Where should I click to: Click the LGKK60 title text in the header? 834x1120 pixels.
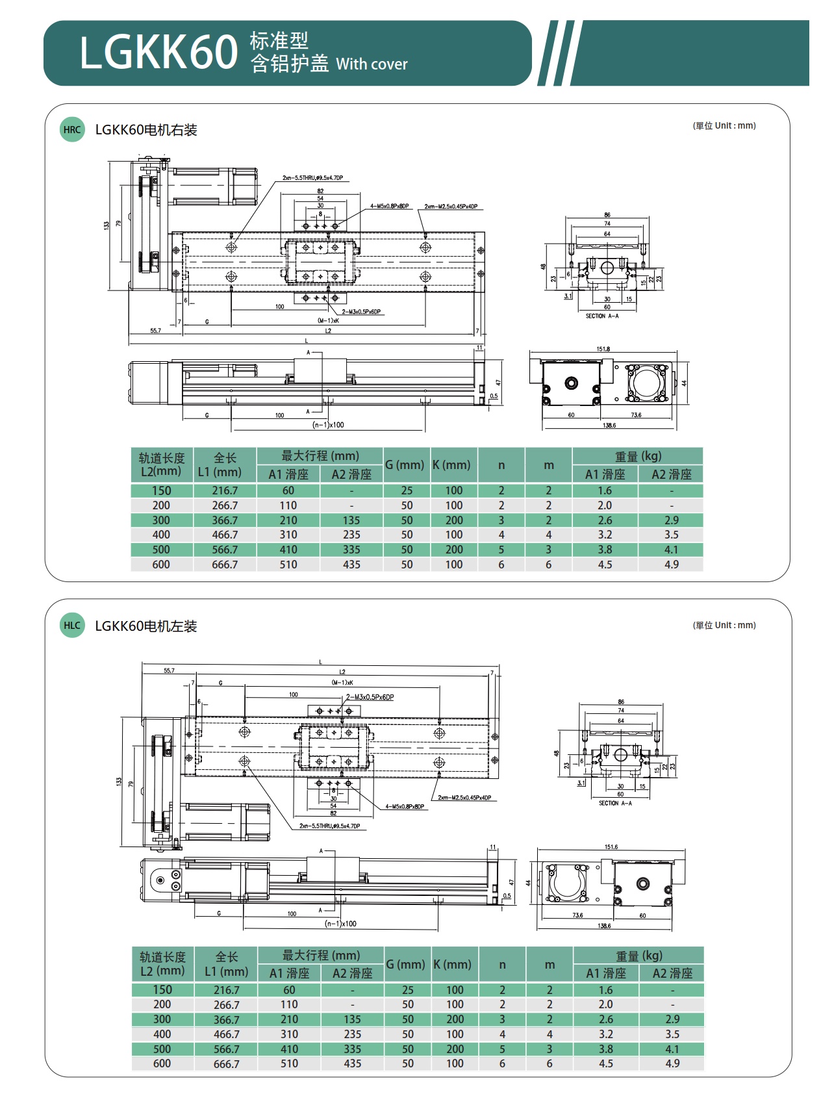click(x=158, y=53)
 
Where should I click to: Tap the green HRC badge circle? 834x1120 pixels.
click(x=72, y=129)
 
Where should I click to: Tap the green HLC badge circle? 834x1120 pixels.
click(x=72, y=626)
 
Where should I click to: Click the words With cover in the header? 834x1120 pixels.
click(x=372, y=64)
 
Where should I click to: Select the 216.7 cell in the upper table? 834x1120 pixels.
click(x=225, y=490)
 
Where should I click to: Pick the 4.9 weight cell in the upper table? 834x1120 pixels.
click(x=671, y=565)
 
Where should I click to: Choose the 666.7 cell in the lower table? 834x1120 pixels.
click(x=226, y=1064)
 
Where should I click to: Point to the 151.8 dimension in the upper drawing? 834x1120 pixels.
click(x=603, y=349)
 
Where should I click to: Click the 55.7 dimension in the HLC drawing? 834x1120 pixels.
click(x=169, y=670)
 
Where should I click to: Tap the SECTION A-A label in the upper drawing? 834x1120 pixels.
click(x=602, y=316)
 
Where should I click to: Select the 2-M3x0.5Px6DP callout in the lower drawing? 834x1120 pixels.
click(x=370, y=697)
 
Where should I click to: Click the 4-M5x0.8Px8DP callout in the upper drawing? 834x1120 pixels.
click(x=390, y=207)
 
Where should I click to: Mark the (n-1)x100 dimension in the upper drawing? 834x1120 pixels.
click(x=329, y=425)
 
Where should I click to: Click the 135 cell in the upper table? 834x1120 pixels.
click(x=351, y=520)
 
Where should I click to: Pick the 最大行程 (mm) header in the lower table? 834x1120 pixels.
click(x=321, y=956)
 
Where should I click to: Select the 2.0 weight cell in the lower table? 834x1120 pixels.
click(x=605, y=1004)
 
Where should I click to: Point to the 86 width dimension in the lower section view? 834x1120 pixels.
click(x=621, y=702)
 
